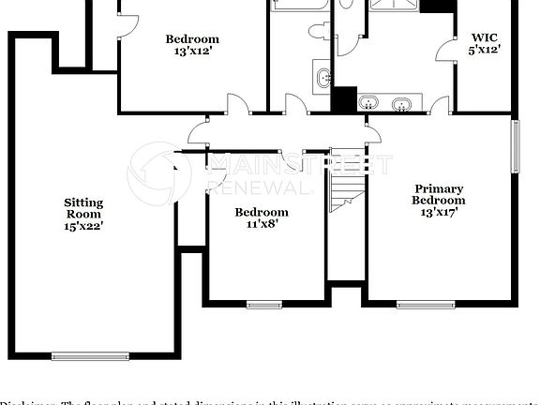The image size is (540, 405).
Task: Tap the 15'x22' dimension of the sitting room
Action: [x=83, y=226]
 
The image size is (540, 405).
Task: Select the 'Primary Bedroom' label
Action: [x=440, y=194]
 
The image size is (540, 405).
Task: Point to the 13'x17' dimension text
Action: [x=440, y=212]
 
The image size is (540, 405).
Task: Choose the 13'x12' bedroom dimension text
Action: [x=192, y=52]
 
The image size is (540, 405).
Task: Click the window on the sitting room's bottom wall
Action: [x=90, y=356]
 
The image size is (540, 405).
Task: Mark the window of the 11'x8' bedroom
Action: [x=264, y=304]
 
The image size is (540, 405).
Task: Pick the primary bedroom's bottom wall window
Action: [x=426, y=304]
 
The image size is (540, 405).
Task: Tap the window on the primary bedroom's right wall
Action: [x=514, y=144]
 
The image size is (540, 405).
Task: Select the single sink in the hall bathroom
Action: [x=322, y=78]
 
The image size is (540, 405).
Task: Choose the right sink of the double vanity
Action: [x=405, y=102]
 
